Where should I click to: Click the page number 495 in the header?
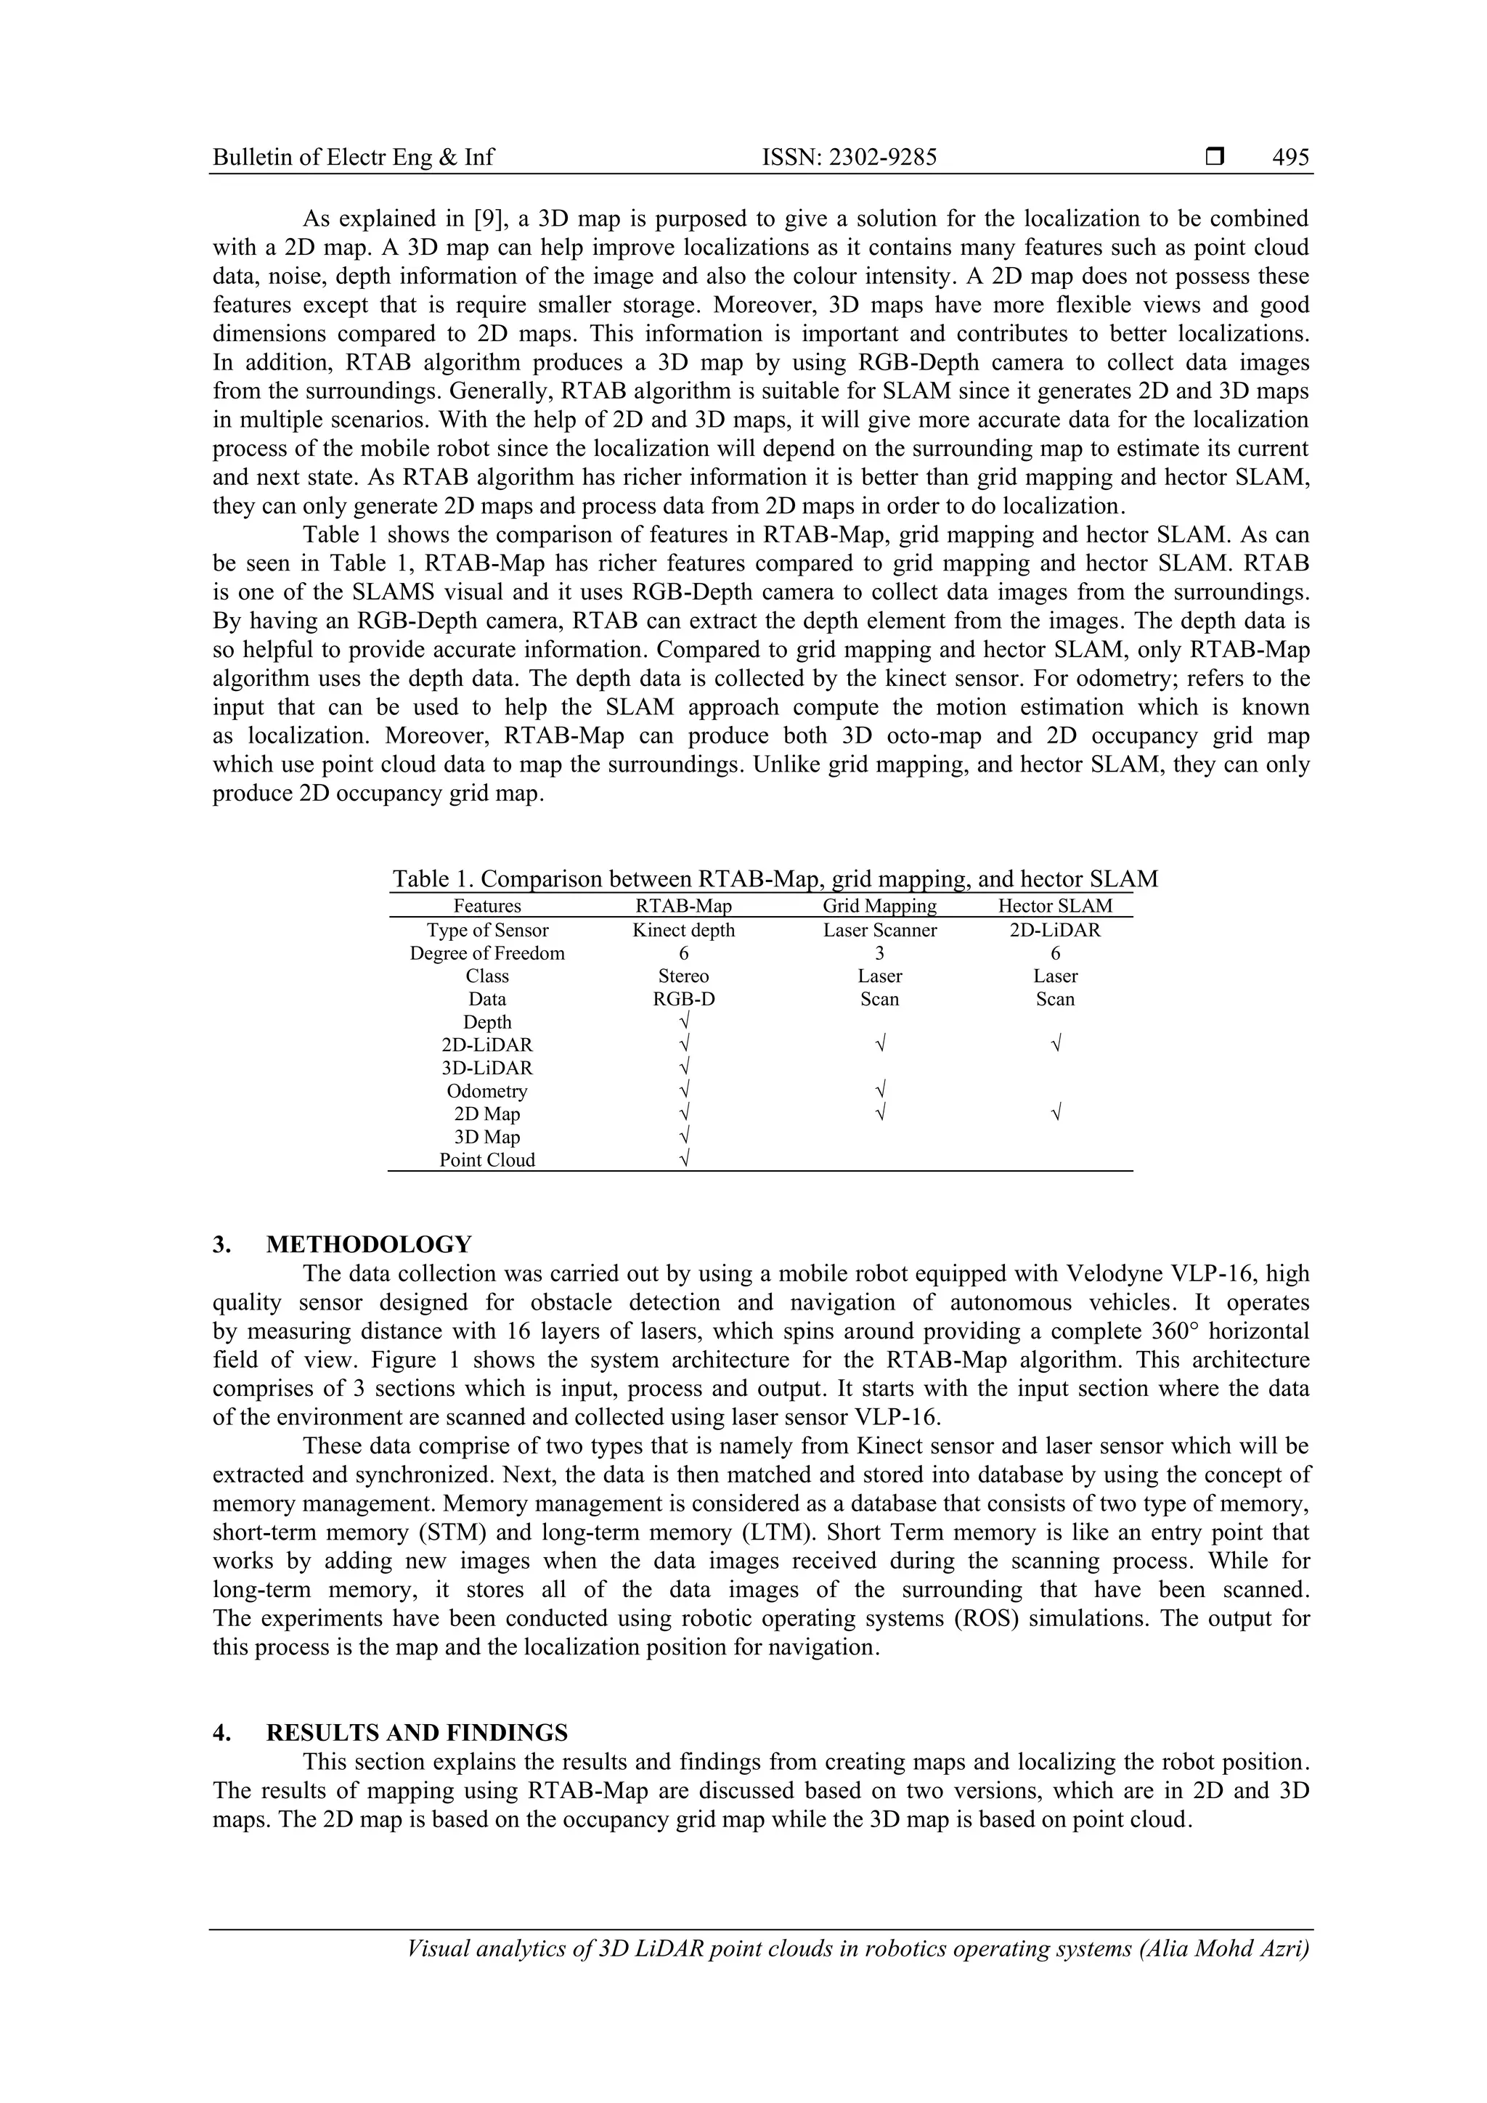point(1290,158)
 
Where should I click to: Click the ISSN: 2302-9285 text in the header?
point(850,158)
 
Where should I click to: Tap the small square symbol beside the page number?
point(1215,158)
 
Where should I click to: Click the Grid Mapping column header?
point(879,906)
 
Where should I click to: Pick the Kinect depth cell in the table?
point(683,930)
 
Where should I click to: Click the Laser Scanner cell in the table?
point(879,930)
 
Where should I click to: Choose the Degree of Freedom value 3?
point(879,953)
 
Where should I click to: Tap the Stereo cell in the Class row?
point(683,976)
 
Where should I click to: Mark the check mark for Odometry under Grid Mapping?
point(879,1090)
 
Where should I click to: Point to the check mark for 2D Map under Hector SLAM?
point(1056,1113)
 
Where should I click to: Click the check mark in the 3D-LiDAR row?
point(683,1067)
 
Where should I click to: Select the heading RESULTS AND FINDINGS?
point(416,1733)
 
